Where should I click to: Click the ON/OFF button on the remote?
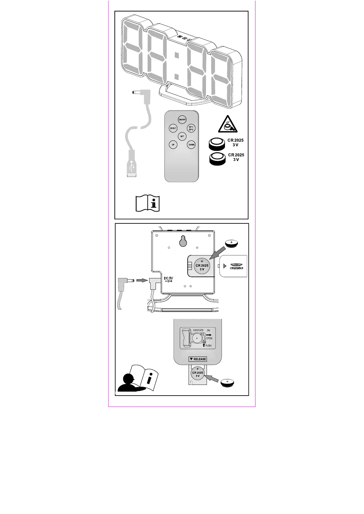[x=182, y=120]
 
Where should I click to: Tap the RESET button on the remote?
[x=173, y=128]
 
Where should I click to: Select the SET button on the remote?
[x=182, y=136]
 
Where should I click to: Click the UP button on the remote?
[x=173, y=145]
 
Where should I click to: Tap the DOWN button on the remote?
[x=191, y=145]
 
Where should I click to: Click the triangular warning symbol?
[x=228, y=125]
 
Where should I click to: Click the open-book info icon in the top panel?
[x=148, y=203]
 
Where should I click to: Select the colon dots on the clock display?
[x=177, y=66]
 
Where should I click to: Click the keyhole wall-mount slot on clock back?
[x=183, y=241]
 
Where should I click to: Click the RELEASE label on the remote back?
[x=198, y=359]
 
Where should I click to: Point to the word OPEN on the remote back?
[x=209, y=338]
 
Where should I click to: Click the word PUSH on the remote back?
[x=208, y=346]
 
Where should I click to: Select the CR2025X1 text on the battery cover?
[x=237, y=268]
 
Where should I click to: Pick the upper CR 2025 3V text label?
[x=235, y=143]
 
